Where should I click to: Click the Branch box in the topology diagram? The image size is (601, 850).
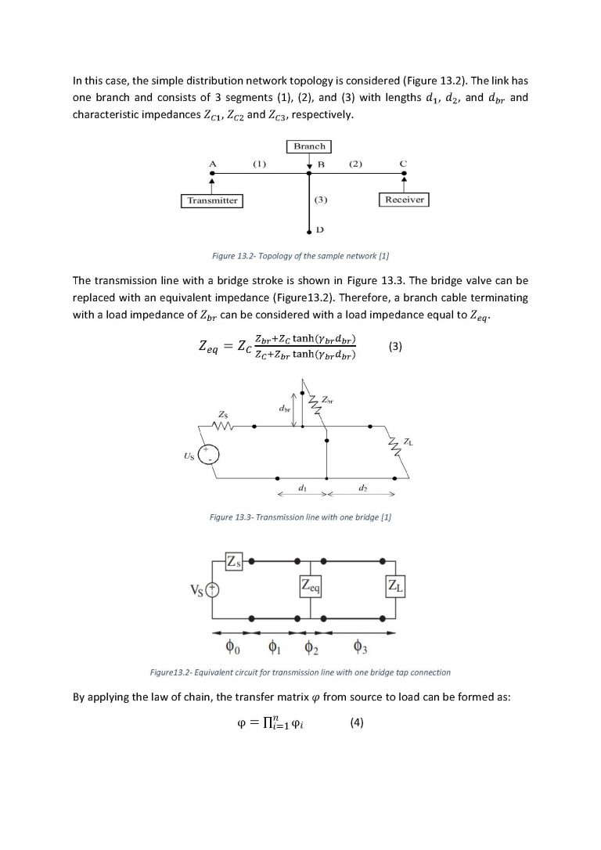[x=309, y=146]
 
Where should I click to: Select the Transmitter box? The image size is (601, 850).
[x=212, y=200]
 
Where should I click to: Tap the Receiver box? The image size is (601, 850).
[x=405, y=200]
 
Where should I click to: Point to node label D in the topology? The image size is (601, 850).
[x=320, y=230]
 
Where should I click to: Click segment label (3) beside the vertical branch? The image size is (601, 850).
[x=320, y=200]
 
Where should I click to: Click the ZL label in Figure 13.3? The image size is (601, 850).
[x=408, y=443]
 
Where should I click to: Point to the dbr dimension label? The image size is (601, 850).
[x=284, y=409]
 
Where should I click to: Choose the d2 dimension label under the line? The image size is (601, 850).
[x=363, y=488]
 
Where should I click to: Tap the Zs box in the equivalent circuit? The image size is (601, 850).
[x=234, y=561]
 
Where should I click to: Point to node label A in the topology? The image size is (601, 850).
[x=212, y=164]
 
